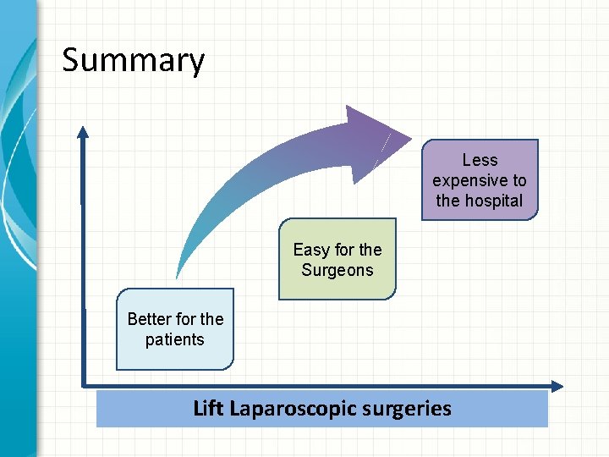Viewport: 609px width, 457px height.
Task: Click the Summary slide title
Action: pyautogui.click(x=134, y=61)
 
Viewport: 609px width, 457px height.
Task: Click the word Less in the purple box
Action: pyautogui.click(x=480, y=160)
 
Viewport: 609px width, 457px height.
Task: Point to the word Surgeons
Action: pyautogui.click(x=337, y=270)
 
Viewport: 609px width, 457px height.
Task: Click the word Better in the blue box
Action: pyautogui.click(x=150, y=319)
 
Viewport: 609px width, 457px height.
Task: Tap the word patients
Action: pyautogui.click(x=174, y=339)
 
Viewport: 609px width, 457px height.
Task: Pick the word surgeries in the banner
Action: pyautogui.click(x=412, y=409)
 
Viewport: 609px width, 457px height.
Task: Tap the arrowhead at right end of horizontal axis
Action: pyautogui.click(x=557, y=386)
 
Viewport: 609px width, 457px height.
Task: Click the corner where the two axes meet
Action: pyautogui.click(x=83, y=386)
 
